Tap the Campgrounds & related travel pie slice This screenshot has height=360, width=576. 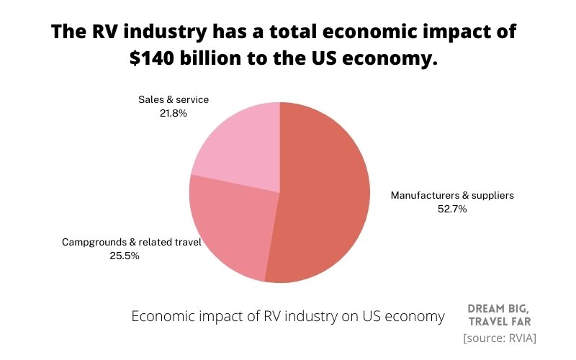[230, 227]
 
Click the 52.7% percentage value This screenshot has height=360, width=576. [452, 209]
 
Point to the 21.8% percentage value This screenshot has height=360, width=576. [174, 113]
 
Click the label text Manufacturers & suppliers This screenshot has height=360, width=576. [452, 195]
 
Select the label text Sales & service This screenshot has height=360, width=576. [174, 99]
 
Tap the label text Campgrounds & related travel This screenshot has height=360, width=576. [125, 242]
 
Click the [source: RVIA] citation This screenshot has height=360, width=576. [500, 337]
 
